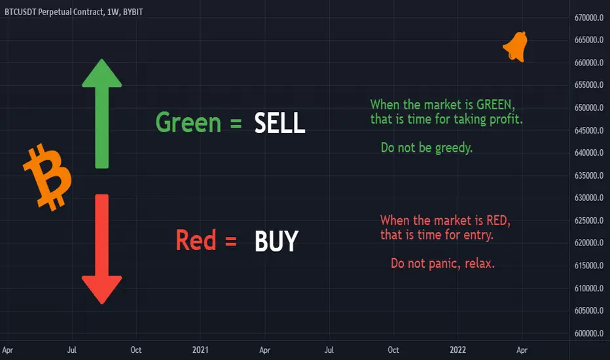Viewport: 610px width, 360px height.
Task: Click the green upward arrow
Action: [102, 114]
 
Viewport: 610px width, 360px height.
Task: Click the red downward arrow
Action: [102, 249]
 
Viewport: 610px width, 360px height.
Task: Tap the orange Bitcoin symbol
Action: [48, 177]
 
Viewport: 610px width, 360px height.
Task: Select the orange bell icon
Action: [516, 46]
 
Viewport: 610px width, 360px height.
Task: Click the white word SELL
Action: [279, 123]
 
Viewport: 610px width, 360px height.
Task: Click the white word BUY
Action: [276, 241]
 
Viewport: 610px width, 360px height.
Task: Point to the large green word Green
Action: [188, 122]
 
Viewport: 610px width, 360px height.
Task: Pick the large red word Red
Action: [196, 240]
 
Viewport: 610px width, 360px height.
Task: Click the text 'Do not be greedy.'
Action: [427, 148]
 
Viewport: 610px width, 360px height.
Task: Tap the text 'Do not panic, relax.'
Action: [442, 264]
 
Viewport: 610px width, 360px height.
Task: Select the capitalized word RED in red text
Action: [498, 221]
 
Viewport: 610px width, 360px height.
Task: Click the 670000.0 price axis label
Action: [588, 18]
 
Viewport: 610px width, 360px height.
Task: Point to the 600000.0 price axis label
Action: [588, 333]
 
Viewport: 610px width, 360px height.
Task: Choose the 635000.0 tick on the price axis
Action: [588, 175]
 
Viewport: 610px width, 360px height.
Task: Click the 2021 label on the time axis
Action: [200, 350]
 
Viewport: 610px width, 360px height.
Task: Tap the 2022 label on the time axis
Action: [458, 350]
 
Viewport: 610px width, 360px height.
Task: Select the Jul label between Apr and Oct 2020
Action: [71, 350]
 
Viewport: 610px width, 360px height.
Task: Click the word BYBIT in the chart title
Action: [133, 12]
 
